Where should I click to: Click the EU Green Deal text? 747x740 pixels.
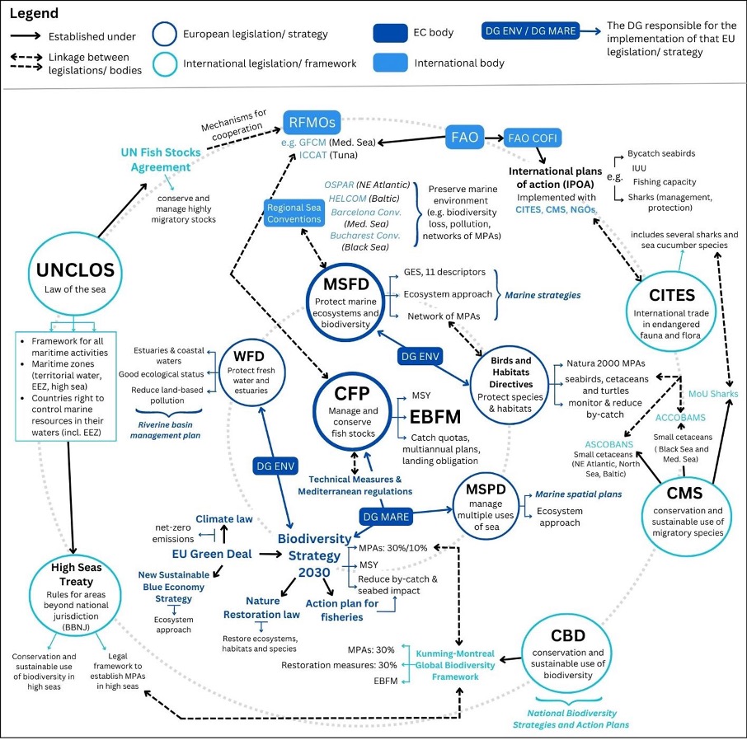(x=211, y=554)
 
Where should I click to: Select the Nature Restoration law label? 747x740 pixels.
(x=261, y=607)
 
